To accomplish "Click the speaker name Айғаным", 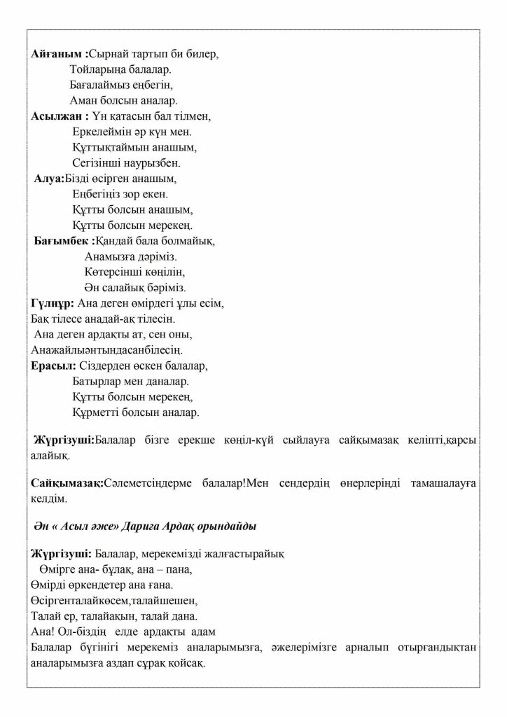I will (57, 55).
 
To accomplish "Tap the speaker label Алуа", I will (48, 179).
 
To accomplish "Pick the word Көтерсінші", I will (113, 272).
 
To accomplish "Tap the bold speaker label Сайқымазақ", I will (67, 484).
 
